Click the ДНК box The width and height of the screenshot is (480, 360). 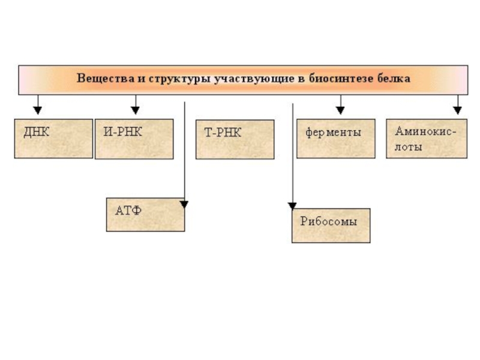pos(53,138)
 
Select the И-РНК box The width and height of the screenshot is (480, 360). pos(134,139)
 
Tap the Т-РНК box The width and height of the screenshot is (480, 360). pos(235,139)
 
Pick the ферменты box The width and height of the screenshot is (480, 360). pos(335,138)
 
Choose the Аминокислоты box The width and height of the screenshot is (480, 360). pos(426,138)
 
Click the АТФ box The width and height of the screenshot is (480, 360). pos(145,214)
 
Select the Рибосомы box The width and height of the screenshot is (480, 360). pos(331,225)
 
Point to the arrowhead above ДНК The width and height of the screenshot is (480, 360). pos(37,110)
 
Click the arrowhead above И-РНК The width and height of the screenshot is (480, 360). pos(135,110)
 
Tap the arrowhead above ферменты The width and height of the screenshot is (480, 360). pos(340,110)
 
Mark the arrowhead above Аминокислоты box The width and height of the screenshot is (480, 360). pos(457,110)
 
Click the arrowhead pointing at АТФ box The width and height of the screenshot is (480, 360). pos(184,205)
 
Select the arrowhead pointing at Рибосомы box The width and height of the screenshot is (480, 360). pos(292,206)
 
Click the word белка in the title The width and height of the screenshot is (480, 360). pos(394,79)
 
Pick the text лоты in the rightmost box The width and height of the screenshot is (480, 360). pos(409,146)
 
